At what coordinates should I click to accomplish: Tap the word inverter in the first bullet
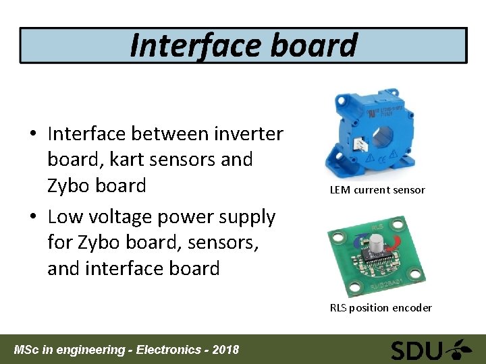click(x=249, y=133)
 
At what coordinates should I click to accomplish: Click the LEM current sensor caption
click(x=377, y=190)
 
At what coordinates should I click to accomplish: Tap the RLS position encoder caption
click(x=381, y=308)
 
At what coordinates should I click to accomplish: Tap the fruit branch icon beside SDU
click(x=462, y=350)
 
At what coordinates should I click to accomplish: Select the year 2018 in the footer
click(x=225, y=350)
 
